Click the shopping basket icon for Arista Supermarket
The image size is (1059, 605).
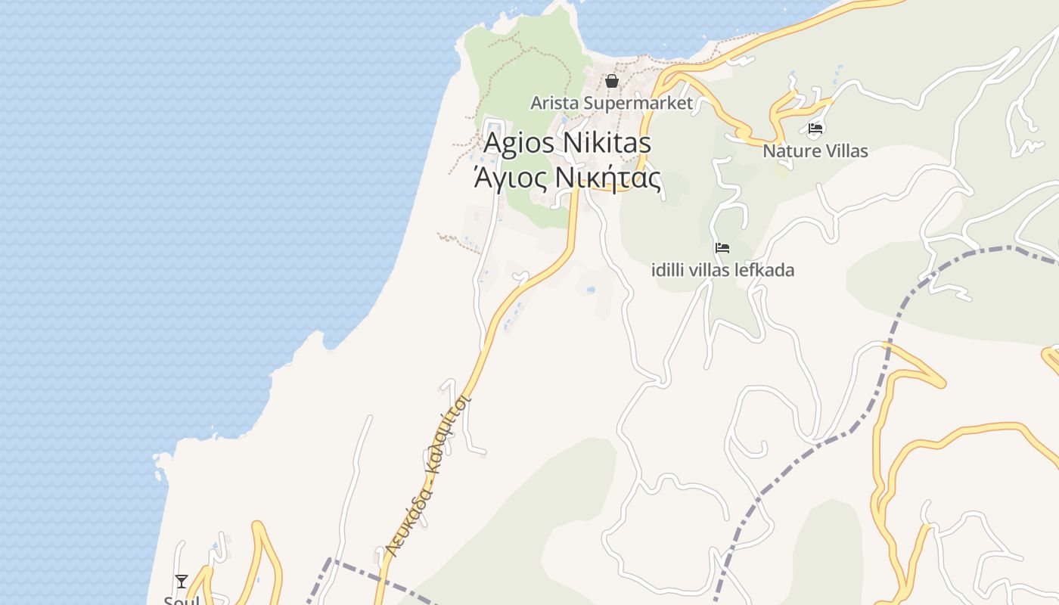coord(612,81)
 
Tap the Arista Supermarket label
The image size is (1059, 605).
coord(611,103)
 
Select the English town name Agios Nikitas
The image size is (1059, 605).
coord(567,142)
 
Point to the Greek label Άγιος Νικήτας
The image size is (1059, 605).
coord(567,178)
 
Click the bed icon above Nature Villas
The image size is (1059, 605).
coord(815,129)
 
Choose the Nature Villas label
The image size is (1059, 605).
coord(815,150)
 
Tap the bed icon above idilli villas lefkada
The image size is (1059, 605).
coord(722,247)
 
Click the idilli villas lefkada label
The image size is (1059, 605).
coord(722,269)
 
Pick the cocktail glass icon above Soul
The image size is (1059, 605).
coord(182,581)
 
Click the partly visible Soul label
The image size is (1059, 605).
coord(182,600)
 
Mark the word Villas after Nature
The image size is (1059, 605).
coord(847,150)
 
